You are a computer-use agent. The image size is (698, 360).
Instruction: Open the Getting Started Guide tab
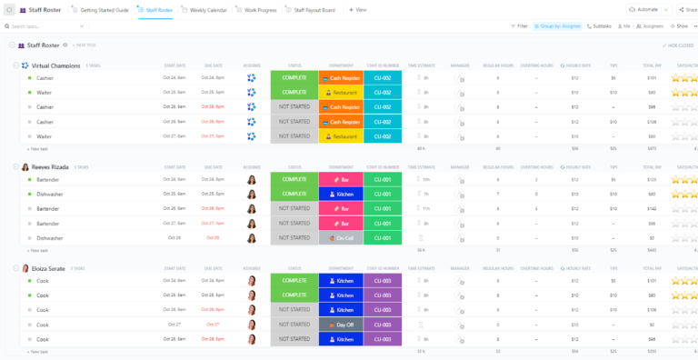102,9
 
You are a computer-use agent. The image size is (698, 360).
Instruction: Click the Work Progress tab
260,9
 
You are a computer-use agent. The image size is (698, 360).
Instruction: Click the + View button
357,9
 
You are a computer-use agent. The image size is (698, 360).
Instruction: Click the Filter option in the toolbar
519,26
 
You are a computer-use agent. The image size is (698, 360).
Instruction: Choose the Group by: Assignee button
558,26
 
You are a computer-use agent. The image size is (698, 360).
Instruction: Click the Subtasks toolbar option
599,26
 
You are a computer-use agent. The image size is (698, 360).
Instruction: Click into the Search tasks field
36,26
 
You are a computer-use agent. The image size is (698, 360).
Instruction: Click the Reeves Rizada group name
52,167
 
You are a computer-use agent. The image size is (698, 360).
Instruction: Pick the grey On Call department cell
341,238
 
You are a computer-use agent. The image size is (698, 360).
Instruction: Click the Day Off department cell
341,325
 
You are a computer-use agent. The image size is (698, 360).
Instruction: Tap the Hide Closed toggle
680,45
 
